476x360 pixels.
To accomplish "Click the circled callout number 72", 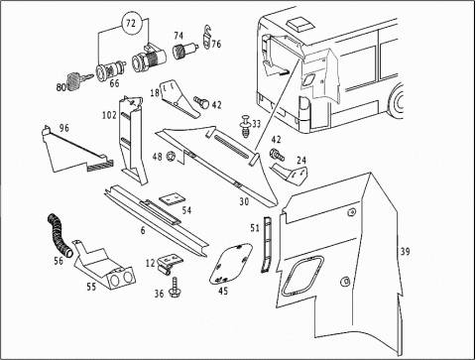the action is point(131,24).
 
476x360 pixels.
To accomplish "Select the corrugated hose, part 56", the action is point(59,236).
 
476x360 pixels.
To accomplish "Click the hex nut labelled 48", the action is point(172,155).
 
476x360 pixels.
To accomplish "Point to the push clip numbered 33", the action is point(245,127).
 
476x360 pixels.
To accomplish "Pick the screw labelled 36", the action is point(175,288).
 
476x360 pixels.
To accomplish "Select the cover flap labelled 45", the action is point(230,264).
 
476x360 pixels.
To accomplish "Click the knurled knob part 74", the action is point(185,51).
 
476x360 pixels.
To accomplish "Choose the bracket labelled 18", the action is point(180,98).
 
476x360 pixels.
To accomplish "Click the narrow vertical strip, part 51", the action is point(267,245).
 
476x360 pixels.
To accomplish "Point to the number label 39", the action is point(405,252).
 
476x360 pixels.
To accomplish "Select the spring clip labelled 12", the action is point(169,263).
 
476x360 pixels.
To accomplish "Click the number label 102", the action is point(109,115).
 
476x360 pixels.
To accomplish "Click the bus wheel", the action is point(398,101).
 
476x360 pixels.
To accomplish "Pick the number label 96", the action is point(63,128).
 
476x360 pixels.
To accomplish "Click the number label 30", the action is point(244,201).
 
